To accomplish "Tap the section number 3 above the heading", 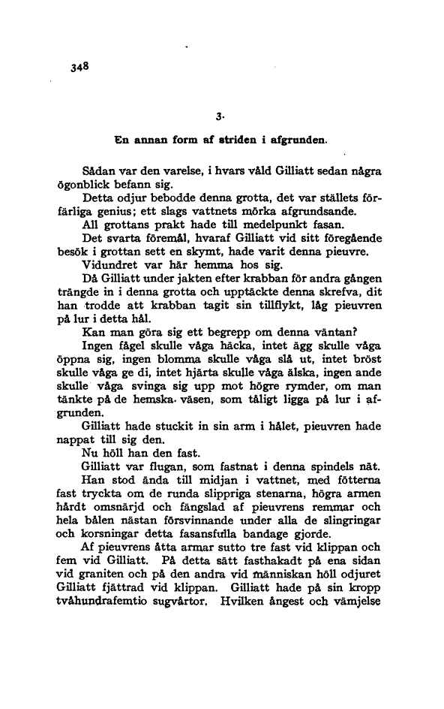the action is (217, 116).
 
